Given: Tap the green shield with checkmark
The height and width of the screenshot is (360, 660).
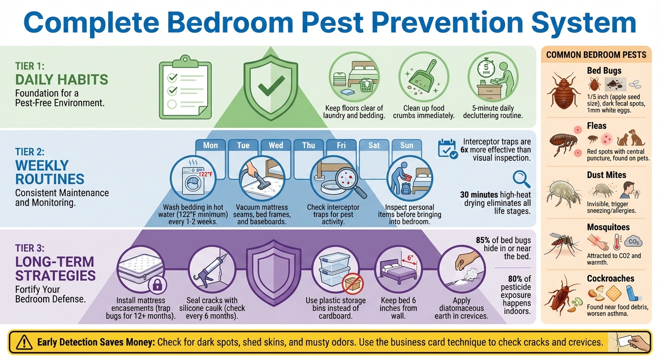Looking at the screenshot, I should [x=271, y=84].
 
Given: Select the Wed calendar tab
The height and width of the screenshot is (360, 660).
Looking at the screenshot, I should [x=276, y=145].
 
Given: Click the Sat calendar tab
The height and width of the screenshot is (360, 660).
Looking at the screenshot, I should [x=374, y=145].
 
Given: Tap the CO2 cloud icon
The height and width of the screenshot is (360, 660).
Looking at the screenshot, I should [x=633, y=242].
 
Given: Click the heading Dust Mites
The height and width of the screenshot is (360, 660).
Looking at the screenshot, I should [x=606, y=175].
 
